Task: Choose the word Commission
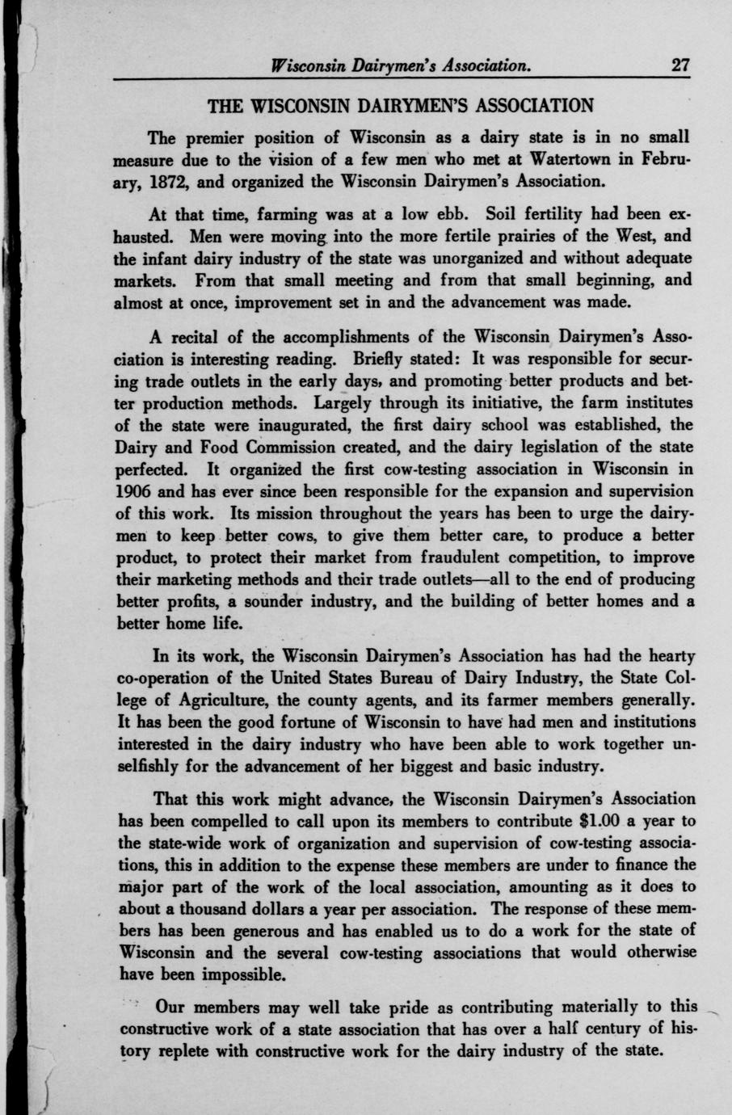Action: click(x=292, y=447)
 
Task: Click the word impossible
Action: click(x=238, y=975)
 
